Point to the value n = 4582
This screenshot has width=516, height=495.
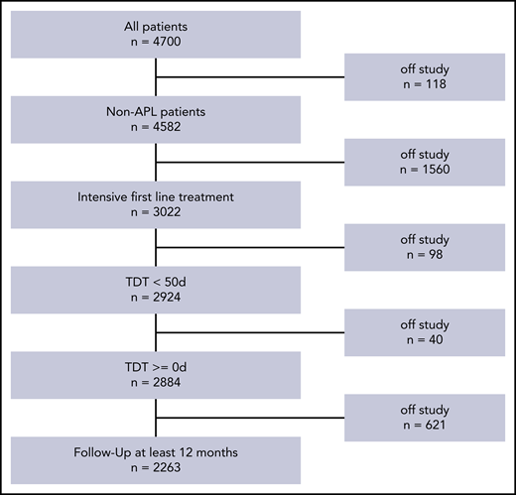[x=156, y=128]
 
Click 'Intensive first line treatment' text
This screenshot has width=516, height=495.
[x=156, y=195]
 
